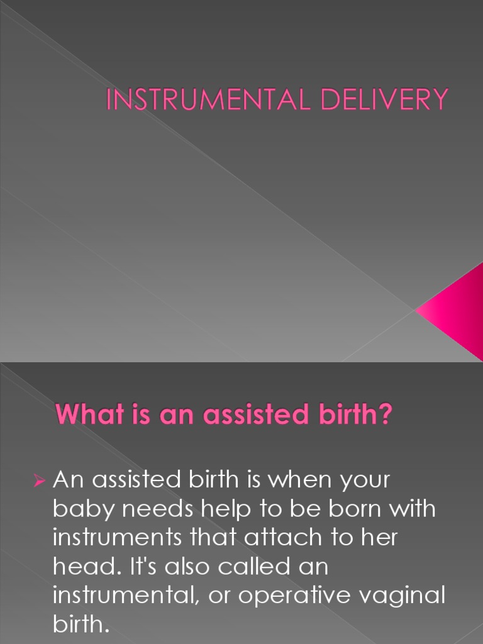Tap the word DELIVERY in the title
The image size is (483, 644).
click(384, 100)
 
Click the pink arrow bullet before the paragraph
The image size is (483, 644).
click(41, 482)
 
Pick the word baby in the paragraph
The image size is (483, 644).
click(78, 509)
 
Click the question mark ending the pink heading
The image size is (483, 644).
click(384, 416)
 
